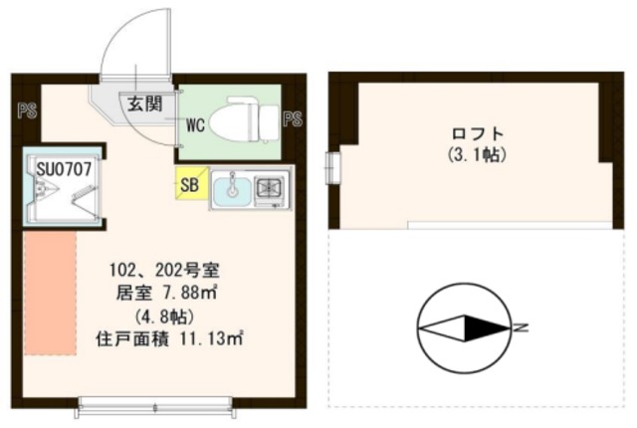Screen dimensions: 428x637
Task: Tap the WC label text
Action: [x=196, y=124]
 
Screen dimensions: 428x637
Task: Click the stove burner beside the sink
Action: [x=270, y=186]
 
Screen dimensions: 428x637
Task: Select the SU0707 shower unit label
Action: [x=65, y=168]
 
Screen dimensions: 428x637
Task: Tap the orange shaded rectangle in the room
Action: [x=50, y=294]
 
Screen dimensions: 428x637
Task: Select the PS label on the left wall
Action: [x=26, y=112]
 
